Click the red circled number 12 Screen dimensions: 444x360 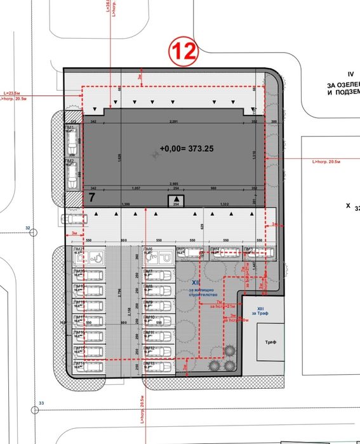tap(183, 51)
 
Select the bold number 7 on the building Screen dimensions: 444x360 tap(91, 198)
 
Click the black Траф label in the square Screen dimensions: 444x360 tap(270, 341)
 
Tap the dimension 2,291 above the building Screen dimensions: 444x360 tap(173, 121)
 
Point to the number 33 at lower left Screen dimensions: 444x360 tap(43, 403)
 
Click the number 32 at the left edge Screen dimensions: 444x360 tap(27, 227)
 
